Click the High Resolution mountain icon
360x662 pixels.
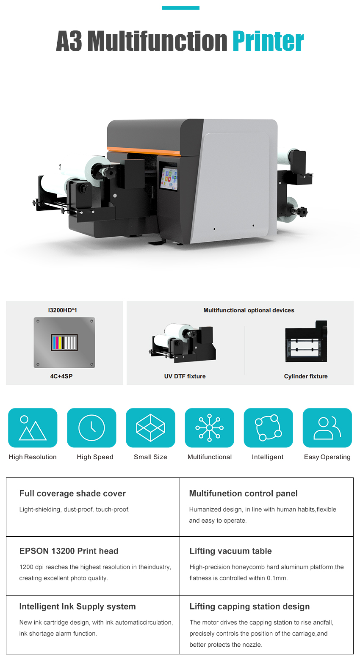[x=33, y=428]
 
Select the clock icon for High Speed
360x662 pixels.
[x=91, y=428]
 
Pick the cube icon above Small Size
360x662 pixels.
[x=150, y=428]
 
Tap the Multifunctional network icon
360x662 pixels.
[x=209, y=428]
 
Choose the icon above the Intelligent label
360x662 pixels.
[x=268, y=428]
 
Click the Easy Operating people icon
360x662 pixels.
[x=327, y=428]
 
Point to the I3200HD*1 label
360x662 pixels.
[x=63, y=310]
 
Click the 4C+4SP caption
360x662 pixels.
[x=61, y=376]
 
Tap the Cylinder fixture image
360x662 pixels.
[x=306, y=342]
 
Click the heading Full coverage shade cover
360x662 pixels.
[x=72, y=494]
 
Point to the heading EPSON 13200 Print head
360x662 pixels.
[x=69, y=551]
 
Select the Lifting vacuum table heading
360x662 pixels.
[x=230, y=551]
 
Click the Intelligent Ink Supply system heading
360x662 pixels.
[x=78, y=607]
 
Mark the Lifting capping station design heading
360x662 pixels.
[x=249, y=607]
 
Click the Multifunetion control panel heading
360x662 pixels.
[x=243, y=494]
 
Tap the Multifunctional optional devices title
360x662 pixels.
[x=249, y=310]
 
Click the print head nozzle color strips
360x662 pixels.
[x=64, y=342]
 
